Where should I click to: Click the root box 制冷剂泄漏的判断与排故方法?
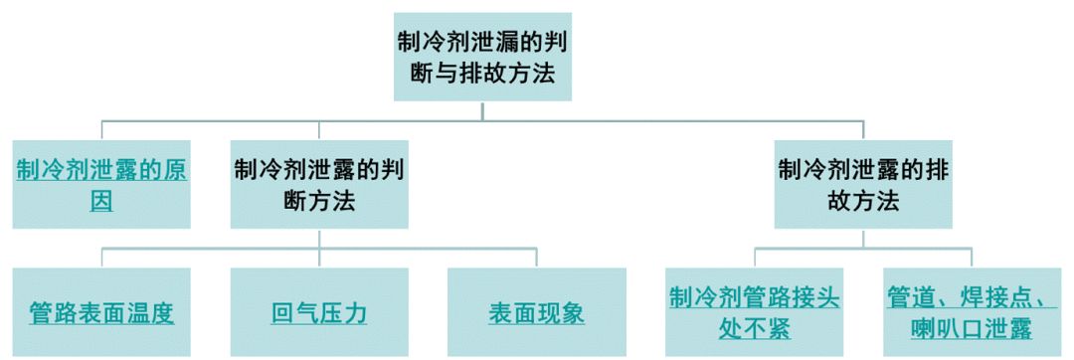pyautogui.click(x=483, y=58)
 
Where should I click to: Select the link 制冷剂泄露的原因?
pyautogui.click(x=101, y=184)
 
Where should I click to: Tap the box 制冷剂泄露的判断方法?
pyautogui.click(x=319, y=185)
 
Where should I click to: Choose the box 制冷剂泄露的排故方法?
pyautogui.click(x=863, y=185)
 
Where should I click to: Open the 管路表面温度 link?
pyautogui.click(x=101, y=314)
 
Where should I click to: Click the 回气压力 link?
pyautogui.click(x=319, y=314)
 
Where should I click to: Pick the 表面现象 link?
pyautogui.click(x=536, y=314)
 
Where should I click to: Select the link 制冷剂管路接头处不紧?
pyautogui.click(x=753, y=314)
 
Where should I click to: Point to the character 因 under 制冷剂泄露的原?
pyautogui.click(x=101, y=202)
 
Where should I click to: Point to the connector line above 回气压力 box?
pyautogui.click(x=319, y=257)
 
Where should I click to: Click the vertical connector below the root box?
pyautogui.click(x=483, y=110)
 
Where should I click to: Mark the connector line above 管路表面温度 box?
pyautogui.click(x=101, y=257)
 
